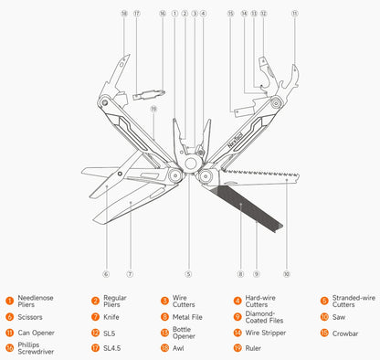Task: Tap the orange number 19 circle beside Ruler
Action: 237,348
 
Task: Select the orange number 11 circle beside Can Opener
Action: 8,333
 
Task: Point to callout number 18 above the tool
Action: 124,15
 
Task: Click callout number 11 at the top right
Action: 294,15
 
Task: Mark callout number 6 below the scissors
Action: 105,273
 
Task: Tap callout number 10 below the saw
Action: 286,273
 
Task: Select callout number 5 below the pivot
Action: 188,273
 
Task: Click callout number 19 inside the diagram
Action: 153,110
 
